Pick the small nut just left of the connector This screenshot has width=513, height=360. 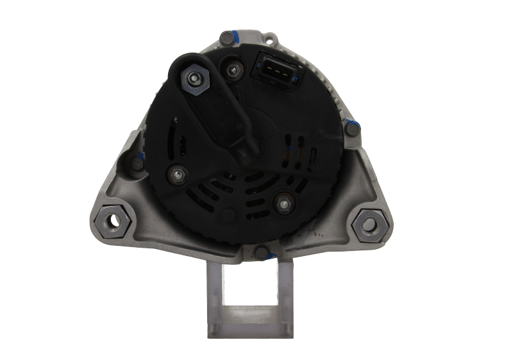(231, 68)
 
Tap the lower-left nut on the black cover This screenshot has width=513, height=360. (178, 173)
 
